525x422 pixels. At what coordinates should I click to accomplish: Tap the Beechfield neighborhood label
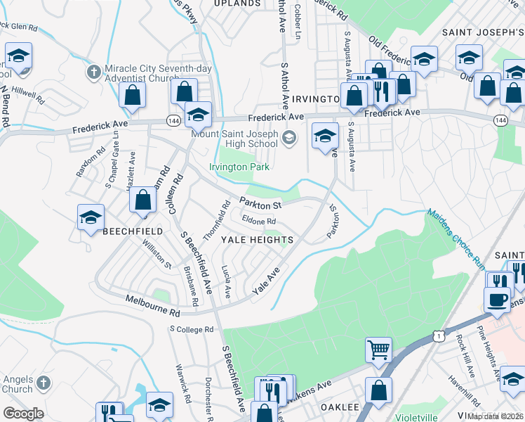pyautogui.click(x=133, y=231)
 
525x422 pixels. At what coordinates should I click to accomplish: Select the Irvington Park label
pyautogui.click(x=239, y=167)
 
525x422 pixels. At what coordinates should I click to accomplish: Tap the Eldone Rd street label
pyautogui.click(x=258, y=222)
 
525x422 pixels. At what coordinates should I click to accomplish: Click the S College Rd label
pyautogui.click(x=190, y=328)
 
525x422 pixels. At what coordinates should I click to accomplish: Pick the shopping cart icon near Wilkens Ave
pyautogui.click(x=378, y=348)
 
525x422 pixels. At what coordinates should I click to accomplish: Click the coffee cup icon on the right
pyautogui.click(x=498, y=299)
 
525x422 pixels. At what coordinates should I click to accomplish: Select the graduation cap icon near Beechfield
pyautogui.click(x=91, y=218)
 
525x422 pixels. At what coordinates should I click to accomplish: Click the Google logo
pyautogui.click(x=23, y=414)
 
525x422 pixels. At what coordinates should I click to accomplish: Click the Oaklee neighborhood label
pyautogui.click(x=340, y=407)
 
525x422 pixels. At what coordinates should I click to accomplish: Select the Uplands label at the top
pyautogui.click(x=238, y=4)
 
